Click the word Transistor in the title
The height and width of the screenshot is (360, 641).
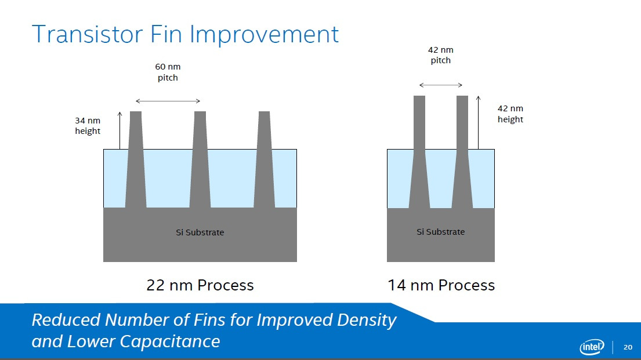(87, 34)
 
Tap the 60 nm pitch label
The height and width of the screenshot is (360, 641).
(168, 72)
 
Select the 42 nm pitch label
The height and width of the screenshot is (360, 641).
(441, 55)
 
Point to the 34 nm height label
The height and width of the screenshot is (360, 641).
(88, 125)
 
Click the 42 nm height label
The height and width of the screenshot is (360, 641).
(510, 114)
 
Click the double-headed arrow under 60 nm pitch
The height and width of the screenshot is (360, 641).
(168, 101)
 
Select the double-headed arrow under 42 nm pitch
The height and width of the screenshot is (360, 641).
(441, 85)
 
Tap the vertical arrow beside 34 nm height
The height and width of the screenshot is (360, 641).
(119, 130)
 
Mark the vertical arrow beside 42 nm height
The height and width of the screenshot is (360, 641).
(479, 122)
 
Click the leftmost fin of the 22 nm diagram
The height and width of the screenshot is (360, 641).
(136, 159)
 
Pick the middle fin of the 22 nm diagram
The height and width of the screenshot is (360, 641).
(200, 159)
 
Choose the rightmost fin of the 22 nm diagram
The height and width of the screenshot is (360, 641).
(264, 159)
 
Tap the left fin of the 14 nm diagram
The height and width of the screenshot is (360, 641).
(419, 152)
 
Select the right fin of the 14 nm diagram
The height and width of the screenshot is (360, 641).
(462, 152)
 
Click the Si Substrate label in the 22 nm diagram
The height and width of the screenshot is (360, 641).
(200, 232)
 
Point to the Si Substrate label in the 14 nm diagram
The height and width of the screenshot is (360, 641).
(441, 232)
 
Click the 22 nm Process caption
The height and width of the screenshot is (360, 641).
(200, 285)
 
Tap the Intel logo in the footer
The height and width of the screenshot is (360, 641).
(592, 347)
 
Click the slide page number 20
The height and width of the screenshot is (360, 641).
(628, 347)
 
